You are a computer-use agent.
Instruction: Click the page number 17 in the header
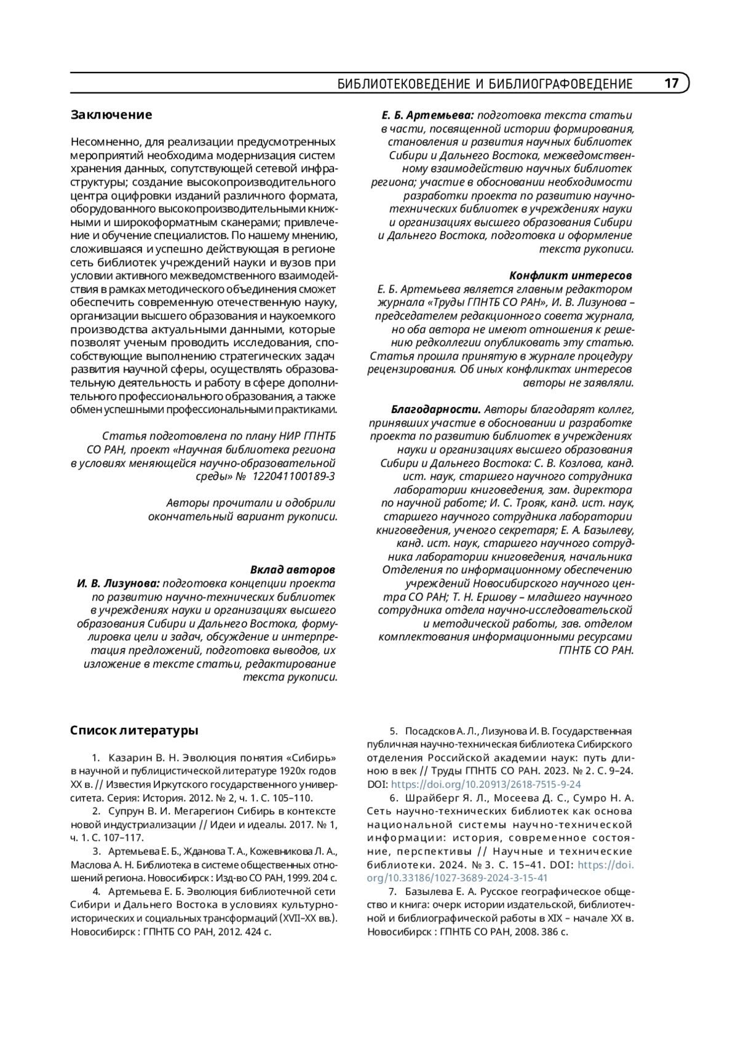[x=672, y=84]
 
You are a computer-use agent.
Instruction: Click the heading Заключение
[x=111, y=115]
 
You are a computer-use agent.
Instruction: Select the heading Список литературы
[x=134, y=731]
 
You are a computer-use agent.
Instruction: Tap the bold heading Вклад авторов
[x=293, y=569]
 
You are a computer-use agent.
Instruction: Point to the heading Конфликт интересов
[x=571, y=275]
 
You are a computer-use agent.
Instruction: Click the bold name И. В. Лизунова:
[x=119, y=583]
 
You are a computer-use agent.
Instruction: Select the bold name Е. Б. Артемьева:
[x=427, y=115]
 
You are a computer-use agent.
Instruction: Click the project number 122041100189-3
[x=295, y=476]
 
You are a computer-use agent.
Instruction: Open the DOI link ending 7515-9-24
[x=486, y=784]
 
